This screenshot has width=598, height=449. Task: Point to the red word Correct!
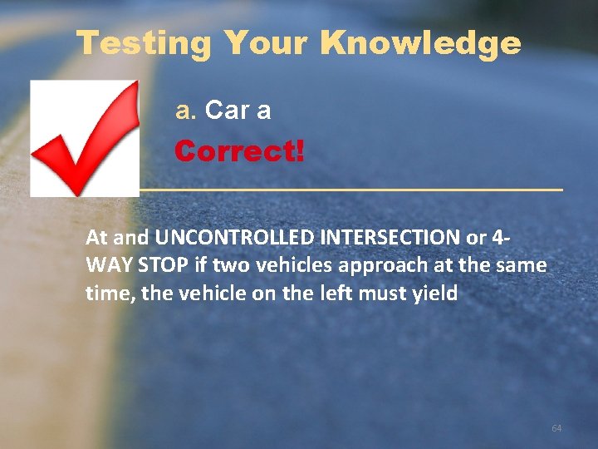(x=239, y=152)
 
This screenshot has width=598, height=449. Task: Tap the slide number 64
(x=556, y=428)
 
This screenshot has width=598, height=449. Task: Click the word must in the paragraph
(x=382, y=293)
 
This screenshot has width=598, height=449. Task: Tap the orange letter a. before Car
(x=184, y=111)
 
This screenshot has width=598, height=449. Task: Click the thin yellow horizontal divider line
(x=349, y=190)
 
